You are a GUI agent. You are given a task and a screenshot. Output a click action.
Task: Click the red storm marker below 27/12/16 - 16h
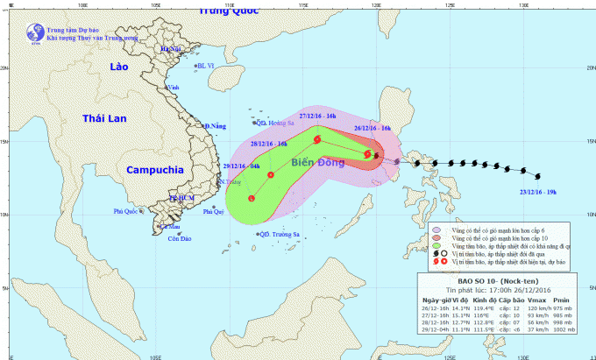(x=317, y=139)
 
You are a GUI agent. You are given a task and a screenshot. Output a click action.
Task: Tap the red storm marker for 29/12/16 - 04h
(x=252, y=199)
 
